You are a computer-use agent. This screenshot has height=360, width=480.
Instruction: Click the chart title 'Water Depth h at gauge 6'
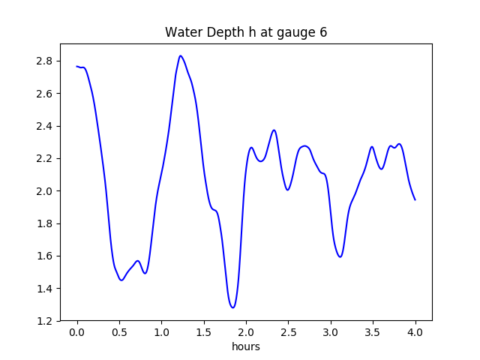246,32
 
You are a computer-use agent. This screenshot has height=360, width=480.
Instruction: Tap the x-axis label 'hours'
246,347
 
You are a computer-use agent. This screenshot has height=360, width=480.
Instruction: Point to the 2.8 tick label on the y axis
43,61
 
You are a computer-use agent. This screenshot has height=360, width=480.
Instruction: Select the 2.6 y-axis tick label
43,94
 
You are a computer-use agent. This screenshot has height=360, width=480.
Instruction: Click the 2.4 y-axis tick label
43,126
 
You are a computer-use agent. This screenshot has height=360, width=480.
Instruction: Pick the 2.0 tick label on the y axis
43,191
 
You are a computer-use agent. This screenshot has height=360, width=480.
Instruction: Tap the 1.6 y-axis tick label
43,256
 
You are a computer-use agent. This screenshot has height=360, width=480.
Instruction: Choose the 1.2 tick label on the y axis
43,321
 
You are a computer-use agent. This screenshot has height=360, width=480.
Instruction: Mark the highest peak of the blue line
181,55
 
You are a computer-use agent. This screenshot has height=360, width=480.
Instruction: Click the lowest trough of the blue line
233,307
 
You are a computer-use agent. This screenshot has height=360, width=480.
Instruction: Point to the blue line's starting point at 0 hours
77,67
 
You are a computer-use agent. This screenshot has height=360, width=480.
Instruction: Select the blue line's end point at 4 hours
415,199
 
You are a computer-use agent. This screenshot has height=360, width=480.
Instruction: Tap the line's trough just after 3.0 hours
340,257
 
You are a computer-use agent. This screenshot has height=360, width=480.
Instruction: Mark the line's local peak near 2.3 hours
274,130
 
